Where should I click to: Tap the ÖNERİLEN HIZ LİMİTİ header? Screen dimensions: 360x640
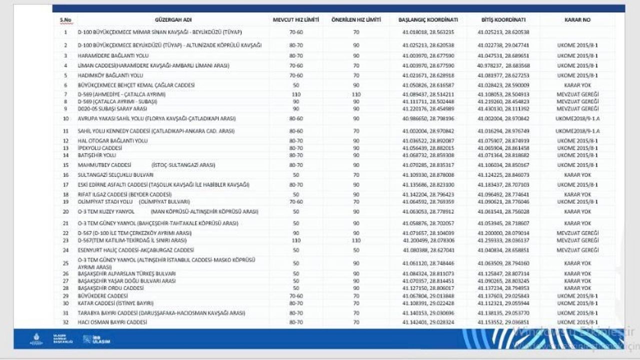click(356, 20)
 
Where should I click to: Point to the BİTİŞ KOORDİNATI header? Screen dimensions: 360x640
click(503, 20)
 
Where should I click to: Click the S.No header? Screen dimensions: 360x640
click(65, 20)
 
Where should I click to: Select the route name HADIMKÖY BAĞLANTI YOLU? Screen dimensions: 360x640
click(104, 75)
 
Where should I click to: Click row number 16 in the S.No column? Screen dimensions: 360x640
click(65, 175)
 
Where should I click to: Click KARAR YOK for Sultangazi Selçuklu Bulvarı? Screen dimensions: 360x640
click(577, 175)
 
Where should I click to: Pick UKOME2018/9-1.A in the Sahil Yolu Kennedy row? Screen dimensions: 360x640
click(577, 131)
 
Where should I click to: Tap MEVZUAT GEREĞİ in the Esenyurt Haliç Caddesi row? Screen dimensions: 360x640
click(577, 250)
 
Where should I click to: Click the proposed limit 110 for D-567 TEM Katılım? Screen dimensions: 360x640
click(356, 240)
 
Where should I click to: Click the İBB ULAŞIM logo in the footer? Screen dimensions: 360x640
click(96, 339)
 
